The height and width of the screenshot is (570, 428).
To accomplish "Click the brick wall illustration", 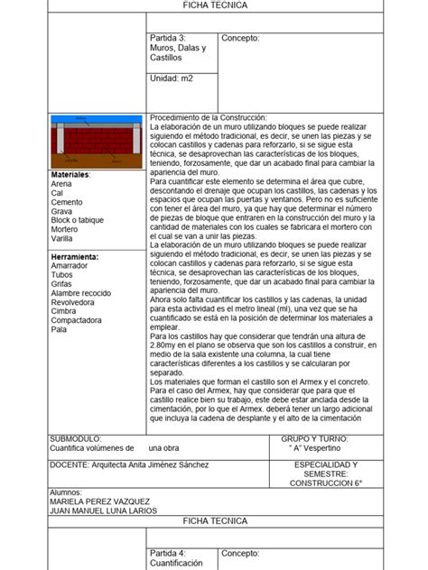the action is tap(96, 139).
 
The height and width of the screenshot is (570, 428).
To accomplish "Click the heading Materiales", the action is tap(70, 173).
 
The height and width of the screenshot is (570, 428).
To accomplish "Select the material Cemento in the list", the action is tap(68, 202).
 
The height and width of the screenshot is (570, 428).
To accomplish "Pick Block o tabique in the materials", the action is tap(78, 220).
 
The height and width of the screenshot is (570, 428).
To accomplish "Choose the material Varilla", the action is tap(63, 238).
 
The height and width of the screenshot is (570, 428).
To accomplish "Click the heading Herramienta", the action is tap(75, 257).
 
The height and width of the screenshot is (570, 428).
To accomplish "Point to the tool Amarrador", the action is tap(70, 266).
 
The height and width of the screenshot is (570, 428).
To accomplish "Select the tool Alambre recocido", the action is tap(81, 293).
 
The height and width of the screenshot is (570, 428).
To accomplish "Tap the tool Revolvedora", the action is tap(74, 302).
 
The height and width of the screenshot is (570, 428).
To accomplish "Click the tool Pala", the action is tap(59, 329).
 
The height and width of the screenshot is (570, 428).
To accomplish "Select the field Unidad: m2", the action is tap(172, 78).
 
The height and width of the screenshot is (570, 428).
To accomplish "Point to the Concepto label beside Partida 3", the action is tap(240, 38).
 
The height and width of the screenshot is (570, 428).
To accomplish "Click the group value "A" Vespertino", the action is tap(318, 447).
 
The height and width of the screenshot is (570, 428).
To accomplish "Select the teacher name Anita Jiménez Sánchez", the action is tap(159, 464).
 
